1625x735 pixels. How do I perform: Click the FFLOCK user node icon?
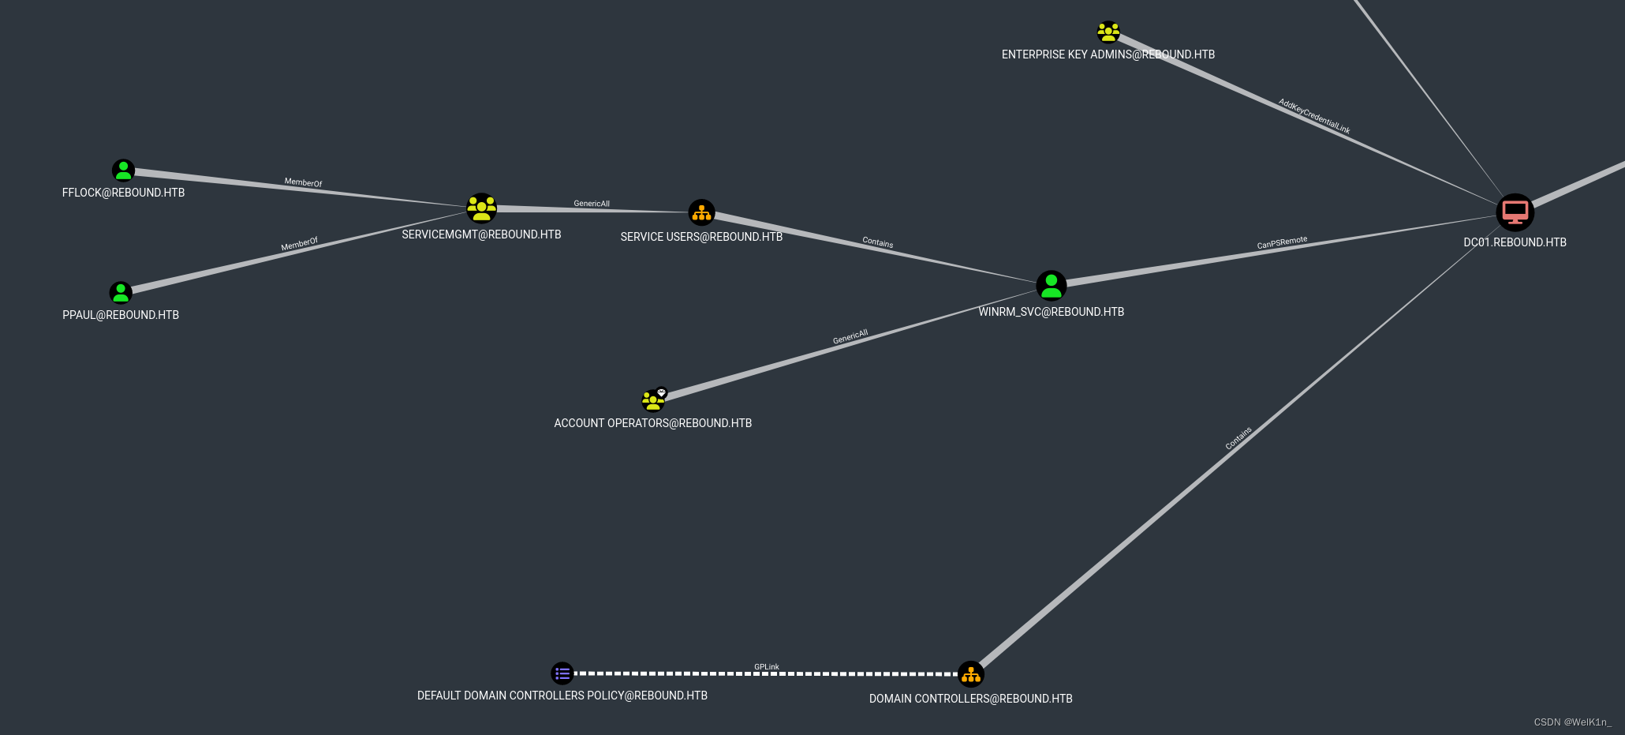[x=123, y=170]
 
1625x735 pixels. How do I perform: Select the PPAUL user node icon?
[x=121, y=293]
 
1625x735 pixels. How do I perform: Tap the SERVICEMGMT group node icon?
[x=481, y=208]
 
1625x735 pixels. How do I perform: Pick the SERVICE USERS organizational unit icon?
[x=701, y=212]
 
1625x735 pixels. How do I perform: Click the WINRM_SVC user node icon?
[x=1051, y=286]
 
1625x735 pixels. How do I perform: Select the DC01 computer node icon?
[x=1515, y=212]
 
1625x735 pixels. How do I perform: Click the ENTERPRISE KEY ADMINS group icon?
[x=1108, y=32]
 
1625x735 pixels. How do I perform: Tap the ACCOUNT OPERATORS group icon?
[x=653, y=399]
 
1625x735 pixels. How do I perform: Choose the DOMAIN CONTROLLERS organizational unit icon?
[x=970, y=674]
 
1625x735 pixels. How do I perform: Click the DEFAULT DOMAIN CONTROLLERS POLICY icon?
[x=562, y=673]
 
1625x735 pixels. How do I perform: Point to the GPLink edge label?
[x=766, y=667]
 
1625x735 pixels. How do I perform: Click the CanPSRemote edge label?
[x=1282, y=243]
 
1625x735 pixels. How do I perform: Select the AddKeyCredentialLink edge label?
[x=1314, y=117]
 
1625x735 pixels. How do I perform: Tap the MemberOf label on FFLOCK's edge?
[x=303, y=182]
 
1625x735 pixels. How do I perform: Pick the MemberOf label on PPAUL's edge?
[x=300, y=244]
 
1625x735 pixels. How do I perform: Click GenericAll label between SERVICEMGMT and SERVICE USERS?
[x=592, y=204]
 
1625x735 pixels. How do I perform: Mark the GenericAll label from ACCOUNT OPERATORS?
[x=850, y=337]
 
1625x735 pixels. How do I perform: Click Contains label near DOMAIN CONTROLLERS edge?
[x=1238, y=438]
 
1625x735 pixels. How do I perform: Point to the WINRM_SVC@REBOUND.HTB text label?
[x=1051, y=312]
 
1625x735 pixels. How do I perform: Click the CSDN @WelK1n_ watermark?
[x=1572, y=722]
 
